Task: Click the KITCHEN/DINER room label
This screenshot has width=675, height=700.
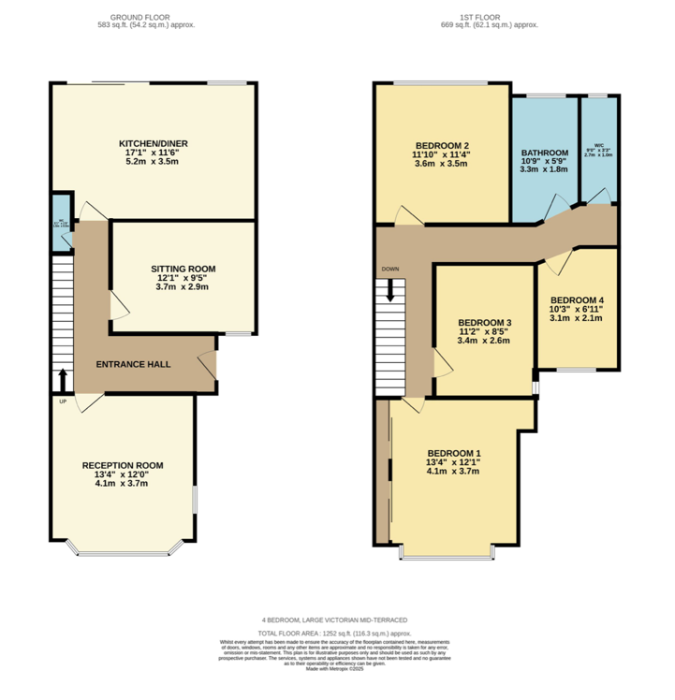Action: pyautogui.click(x=153, y=143)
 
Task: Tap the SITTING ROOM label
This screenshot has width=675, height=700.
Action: pyautogui.click(x=178, y=269)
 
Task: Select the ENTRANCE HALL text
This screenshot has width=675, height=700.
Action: pyautogui.click(x=136, y=363)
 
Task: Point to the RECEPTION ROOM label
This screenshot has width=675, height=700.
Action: pyautogui.click(x=123, y=465)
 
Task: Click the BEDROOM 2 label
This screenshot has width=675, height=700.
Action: pyautogui.click(x=442, y=145)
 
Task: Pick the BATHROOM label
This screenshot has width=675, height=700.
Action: pyautogui.click(x=544, y=153)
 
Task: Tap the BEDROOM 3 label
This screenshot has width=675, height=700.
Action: pyautogui.click(x=484, y=321)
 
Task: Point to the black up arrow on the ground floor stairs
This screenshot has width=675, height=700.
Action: pyautogui.click(x=63, y=378)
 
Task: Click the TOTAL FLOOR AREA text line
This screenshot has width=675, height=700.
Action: pyautogui.click(x=336, y=634)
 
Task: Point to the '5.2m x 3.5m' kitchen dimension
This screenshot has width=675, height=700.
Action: pyautogui.click(x=153, y=162)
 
